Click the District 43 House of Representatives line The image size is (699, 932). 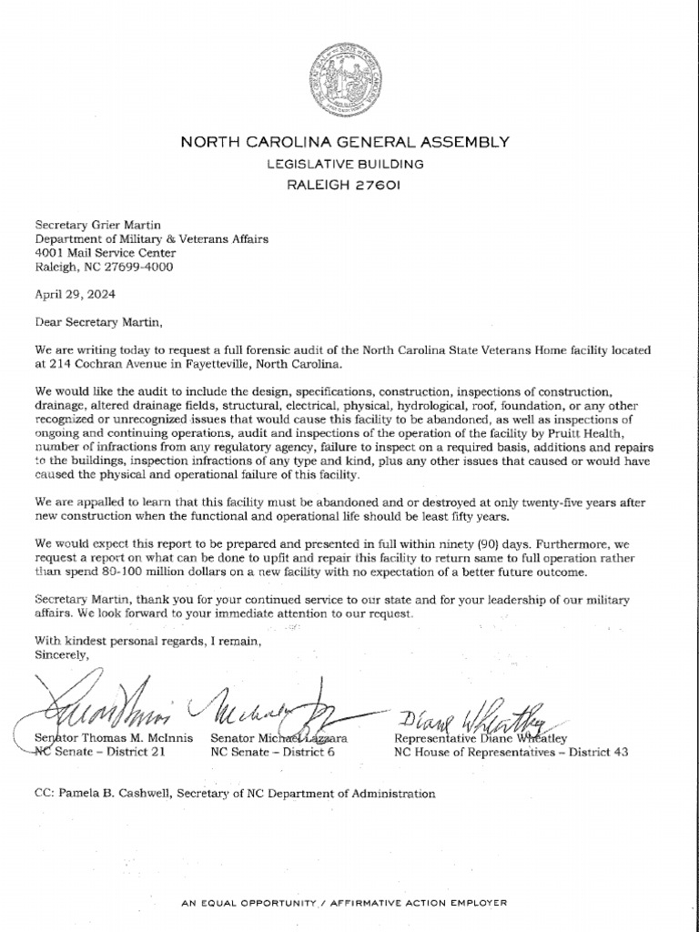510,753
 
